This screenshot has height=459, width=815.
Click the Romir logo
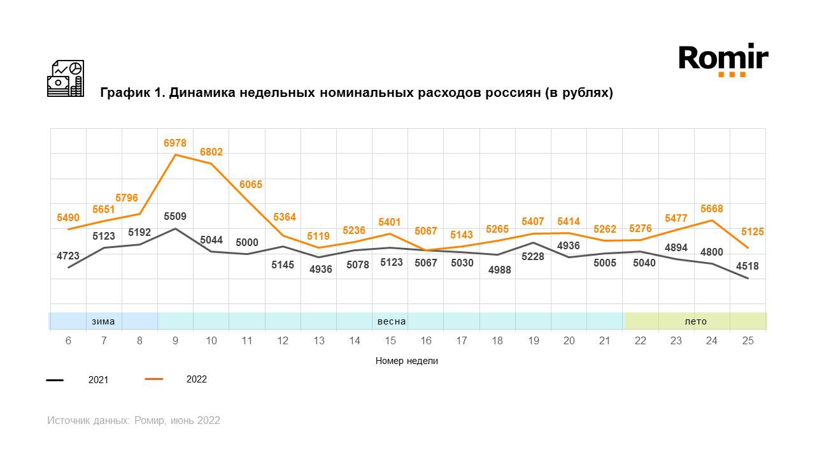click(723, 60)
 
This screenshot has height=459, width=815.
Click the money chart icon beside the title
click(66, 78)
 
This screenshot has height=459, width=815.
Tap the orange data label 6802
click(211, 152)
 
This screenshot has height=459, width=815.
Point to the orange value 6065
click(251, 185)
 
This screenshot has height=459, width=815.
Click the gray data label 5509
click(175, 217)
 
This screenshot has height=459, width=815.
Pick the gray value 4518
click(748, 266)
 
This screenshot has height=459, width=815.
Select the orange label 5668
click(711, 209)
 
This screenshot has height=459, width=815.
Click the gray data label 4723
click(68, 256)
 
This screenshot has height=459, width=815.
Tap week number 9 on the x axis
click(175, 341)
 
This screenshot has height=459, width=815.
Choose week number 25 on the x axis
click(748, 341)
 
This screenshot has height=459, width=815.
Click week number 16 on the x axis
click(425, 341)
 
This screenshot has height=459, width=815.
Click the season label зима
click(103, 321)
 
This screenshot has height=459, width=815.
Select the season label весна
click(392, 321)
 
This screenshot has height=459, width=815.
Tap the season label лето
click(695, 321)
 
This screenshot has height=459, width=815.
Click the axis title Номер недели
click(407, 361)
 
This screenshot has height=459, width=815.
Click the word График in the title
click(125, 93)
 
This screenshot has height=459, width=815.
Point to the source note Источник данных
click(88, 421)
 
